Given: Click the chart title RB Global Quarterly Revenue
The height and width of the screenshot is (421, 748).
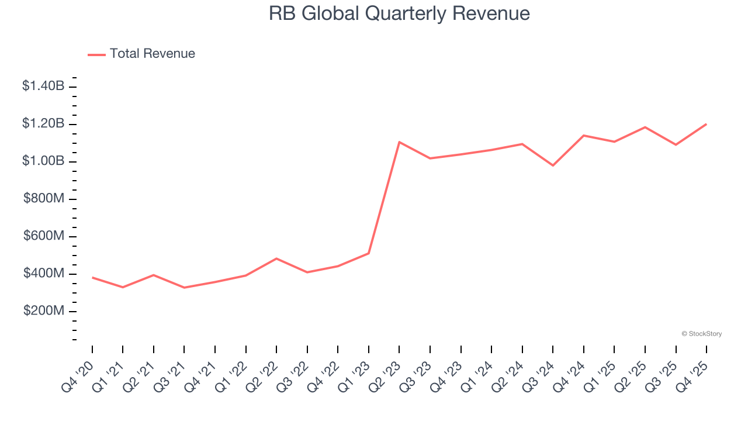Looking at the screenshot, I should click(x=399, y=13).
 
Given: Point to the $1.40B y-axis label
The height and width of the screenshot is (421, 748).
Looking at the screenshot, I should click(x=43, y=87).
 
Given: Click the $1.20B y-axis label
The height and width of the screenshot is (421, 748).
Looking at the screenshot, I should click(x=43, y=124).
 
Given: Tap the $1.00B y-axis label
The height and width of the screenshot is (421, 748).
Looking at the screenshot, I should click(x=43, y=161).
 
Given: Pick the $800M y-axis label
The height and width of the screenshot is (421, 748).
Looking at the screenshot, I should click(x=44, y=199).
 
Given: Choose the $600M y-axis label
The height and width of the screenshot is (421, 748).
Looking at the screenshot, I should click(x=44, y=236).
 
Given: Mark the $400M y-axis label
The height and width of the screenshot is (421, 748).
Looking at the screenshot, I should click(x=44, y=274).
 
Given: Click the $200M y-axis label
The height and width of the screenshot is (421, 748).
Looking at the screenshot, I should click(x=44, y=311).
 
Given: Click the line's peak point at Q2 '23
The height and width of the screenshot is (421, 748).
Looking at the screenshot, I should click(x=399, y=142).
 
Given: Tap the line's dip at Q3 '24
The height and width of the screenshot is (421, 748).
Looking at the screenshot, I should click(x=553, y=165).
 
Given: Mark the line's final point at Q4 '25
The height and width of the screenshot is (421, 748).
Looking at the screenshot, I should click(x=706, y=124).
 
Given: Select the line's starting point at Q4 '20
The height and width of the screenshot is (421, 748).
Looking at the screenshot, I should click(x=92, y=277).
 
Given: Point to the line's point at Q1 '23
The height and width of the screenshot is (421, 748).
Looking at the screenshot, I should click(x=369, y=253).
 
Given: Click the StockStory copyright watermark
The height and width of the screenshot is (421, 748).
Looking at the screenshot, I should click(x=701, y=334).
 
